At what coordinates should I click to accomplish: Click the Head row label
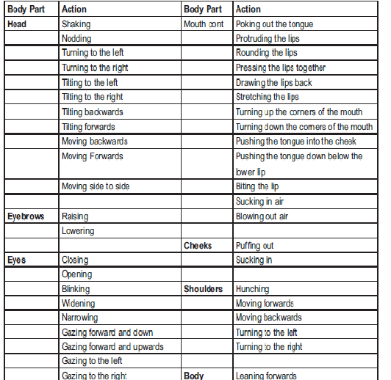[17, 24]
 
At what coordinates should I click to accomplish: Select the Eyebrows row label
[25, 216]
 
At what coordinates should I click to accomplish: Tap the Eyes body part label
[16, 260]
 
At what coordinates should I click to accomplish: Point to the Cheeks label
[198, 246]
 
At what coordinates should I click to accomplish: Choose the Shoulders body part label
[203, 289]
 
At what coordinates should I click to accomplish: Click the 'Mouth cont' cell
[204, 24]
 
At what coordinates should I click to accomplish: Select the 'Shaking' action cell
[76, 24]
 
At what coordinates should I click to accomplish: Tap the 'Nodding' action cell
[77, 38]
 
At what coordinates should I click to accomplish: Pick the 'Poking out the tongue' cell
[273, 24]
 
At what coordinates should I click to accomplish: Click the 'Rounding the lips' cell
[267, 53]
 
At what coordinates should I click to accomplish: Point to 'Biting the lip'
[257, 186]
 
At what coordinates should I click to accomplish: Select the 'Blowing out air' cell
[262, 216]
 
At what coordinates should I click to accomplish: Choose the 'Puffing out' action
[254, 246]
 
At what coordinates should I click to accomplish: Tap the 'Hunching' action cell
[252, 289]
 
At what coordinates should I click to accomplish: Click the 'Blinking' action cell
[76, 289]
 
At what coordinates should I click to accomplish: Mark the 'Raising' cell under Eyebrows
[75, 216]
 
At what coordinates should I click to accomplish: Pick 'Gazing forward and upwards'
[112, 346]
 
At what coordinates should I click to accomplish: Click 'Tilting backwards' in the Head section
[93, 112]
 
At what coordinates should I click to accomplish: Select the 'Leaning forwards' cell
[266, 376]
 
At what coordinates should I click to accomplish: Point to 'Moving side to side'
[96, 186]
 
